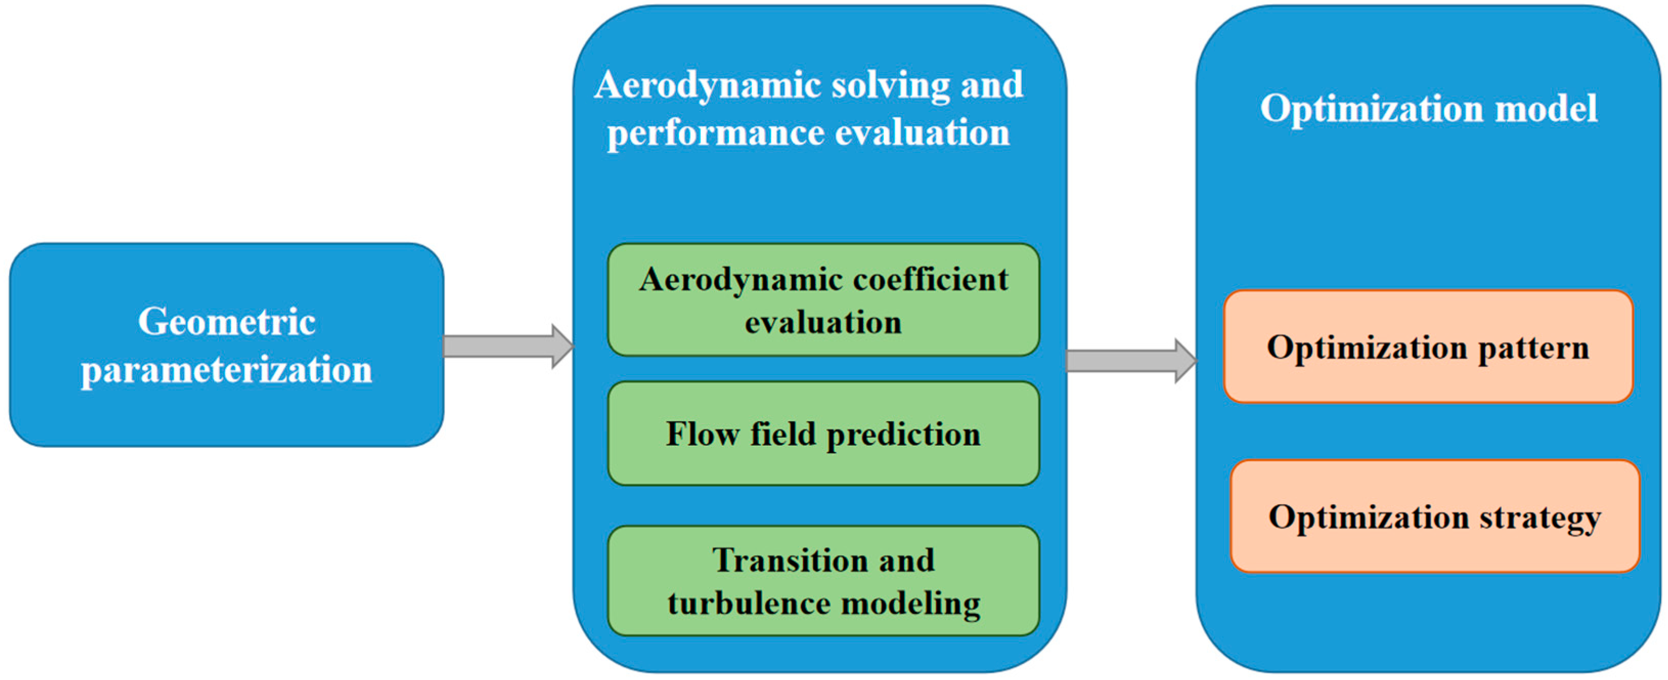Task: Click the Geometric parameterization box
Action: [227, 345]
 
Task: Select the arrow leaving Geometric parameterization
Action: [508, 347]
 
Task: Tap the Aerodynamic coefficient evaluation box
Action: [824, 300]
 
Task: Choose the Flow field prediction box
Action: [824, 433]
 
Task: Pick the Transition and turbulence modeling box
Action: [824, 581]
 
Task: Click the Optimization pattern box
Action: [1428, 347]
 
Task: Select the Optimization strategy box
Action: [1435, 517]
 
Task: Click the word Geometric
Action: [227, 322]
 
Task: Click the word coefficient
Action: [931, 280]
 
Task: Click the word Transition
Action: [787, 560]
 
